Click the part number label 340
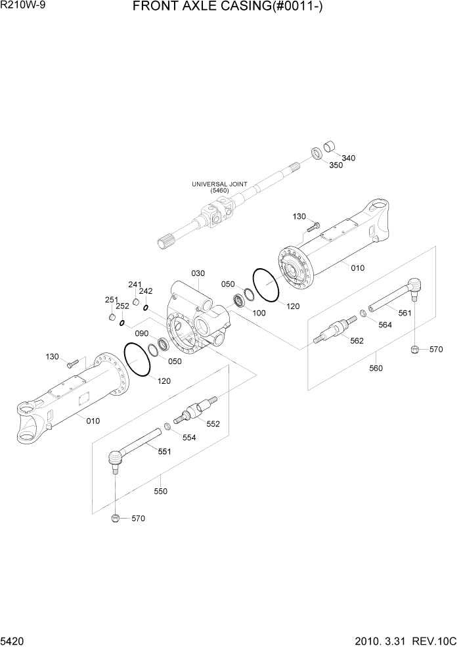pyautogui.click(x=349, y=158)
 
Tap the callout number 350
pyautogui.click(x=336, y=166)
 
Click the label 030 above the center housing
pyautogui.click(x=198, y=273)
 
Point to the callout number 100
pyautogui.click(x=259, y=313)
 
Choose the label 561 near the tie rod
pyautogui.click(x=405, y=313)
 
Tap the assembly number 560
pyautogui.click(x=376, y=369)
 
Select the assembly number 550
pyautogui.click(x=161, y=491)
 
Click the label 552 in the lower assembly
pyautogui.click(x=213, y=424)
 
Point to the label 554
pyautogui.click(x=189, y=438)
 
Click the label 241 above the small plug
pyautogui.click(x=135, y=285)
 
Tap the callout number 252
pyautogui.click(x=122, y=306)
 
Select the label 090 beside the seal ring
pyautogui.click(x=142, y=333)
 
